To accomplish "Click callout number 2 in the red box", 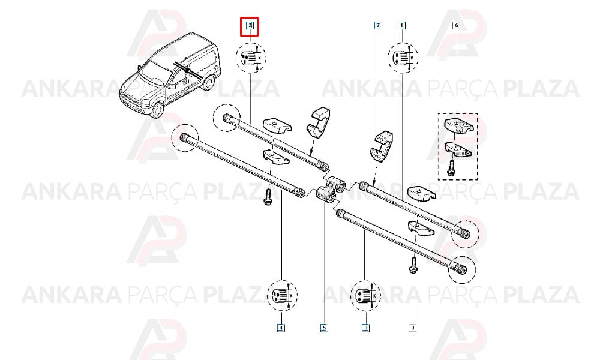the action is tap(250, 26).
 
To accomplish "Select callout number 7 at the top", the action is tap(377, 26).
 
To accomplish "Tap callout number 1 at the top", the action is tap(401, 26).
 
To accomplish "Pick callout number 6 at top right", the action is tap(456, 26).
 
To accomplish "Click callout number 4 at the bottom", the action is tap(281, 328).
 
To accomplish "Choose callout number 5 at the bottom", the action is tap(324, 328).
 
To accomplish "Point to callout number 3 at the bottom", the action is tap(366, 328).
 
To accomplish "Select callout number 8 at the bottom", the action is tap(413, 328).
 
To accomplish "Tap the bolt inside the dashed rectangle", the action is tap(451, 168).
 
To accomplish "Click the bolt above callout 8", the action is tap(413, 265).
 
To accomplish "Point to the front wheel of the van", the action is tap(157, 108).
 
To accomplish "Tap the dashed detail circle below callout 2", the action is tap(251, 58).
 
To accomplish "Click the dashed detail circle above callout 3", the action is tap(366, 296).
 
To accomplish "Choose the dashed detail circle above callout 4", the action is tap(282, 295).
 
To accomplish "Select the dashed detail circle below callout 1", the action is tap(403, 58).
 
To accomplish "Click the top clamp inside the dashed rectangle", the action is tap(459, 126).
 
